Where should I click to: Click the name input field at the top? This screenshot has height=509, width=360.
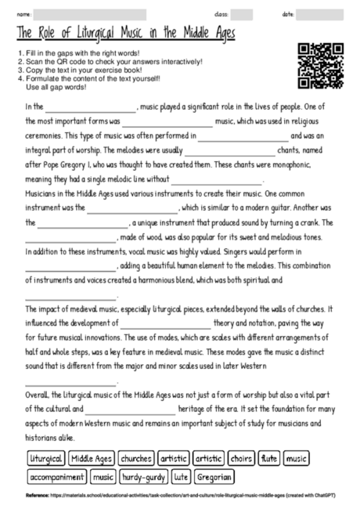click(90, 15)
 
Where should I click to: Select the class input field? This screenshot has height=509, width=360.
click(241, 15)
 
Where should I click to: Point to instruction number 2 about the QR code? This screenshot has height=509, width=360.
click(110, 61)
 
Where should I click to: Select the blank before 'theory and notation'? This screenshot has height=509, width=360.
click(165, 323)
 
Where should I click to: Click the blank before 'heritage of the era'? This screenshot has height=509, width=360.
click(131, 408)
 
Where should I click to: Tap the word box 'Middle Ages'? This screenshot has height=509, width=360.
click(92, 458)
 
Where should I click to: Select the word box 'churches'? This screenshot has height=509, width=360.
click(136, 458)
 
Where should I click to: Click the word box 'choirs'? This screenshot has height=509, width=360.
click(242, 458)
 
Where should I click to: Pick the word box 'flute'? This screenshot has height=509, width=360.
click(269, 458)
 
